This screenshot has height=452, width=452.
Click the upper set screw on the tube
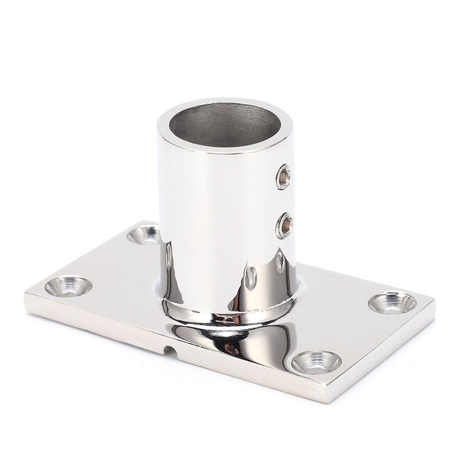[x=283, y=177]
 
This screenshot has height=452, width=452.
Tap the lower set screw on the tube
[x=284, y=226]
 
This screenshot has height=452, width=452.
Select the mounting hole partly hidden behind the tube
[x=144, y=234]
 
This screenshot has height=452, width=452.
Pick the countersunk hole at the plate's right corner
[x=392, y=302]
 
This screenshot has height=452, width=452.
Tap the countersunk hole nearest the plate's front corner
[x=316, y=362]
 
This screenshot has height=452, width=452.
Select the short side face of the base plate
[x=384, y=357]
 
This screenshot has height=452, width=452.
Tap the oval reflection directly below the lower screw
[x=281, y=262]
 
